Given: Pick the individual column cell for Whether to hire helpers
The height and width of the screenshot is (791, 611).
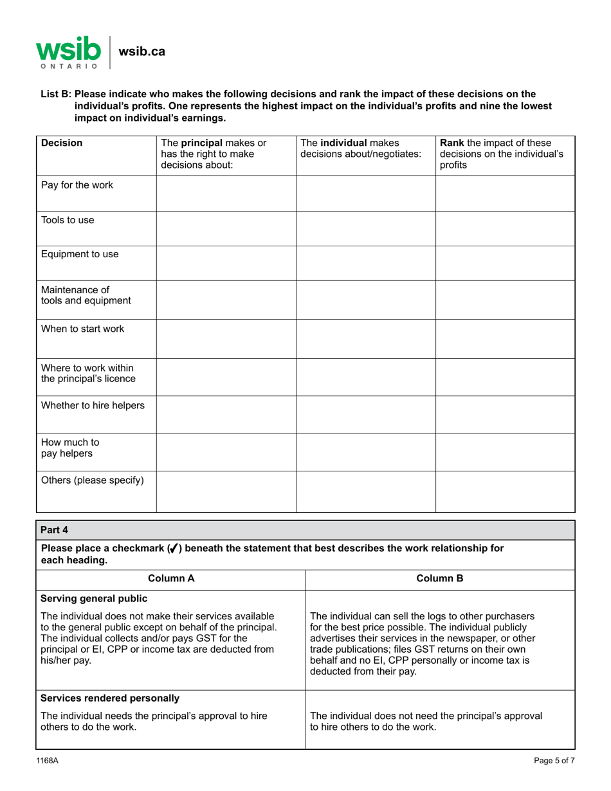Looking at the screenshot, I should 365,414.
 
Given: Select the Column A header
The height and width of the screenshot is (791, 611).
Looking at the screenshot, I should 171,579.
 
